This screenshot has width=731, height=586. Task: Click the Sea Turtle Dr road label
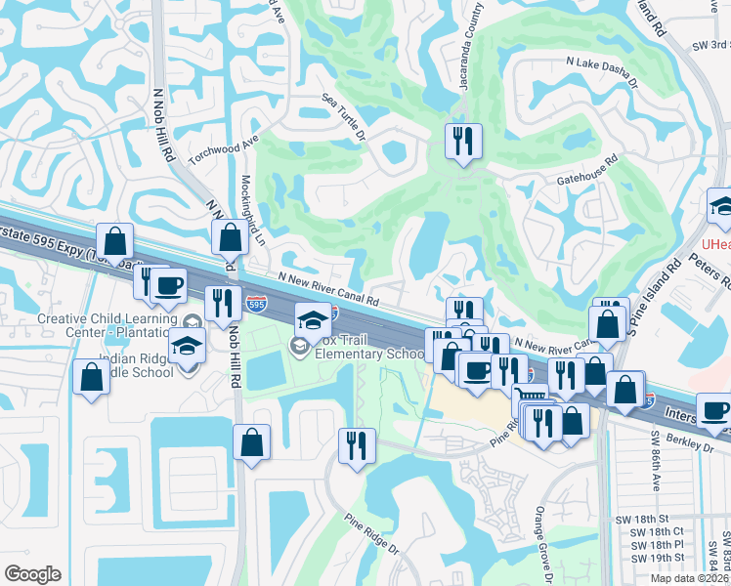(344, 116)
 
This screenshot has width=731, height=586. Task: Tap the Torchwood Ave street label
(224, 146)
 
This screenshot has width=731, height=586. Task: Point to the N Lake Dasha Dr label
(609, 75)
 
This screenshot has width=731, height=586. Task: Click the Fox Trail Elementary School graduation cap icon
(313, 319)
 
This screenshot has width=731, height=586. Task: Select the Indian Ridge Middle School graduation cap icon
(186, 346)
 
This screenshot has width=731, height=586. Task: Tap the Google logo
(33, 573)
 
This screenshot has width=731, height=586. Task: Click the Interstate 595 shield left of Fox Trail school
(256, 305)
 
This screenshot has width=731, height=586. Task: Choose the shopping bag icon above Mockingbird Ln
(230, 237)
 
